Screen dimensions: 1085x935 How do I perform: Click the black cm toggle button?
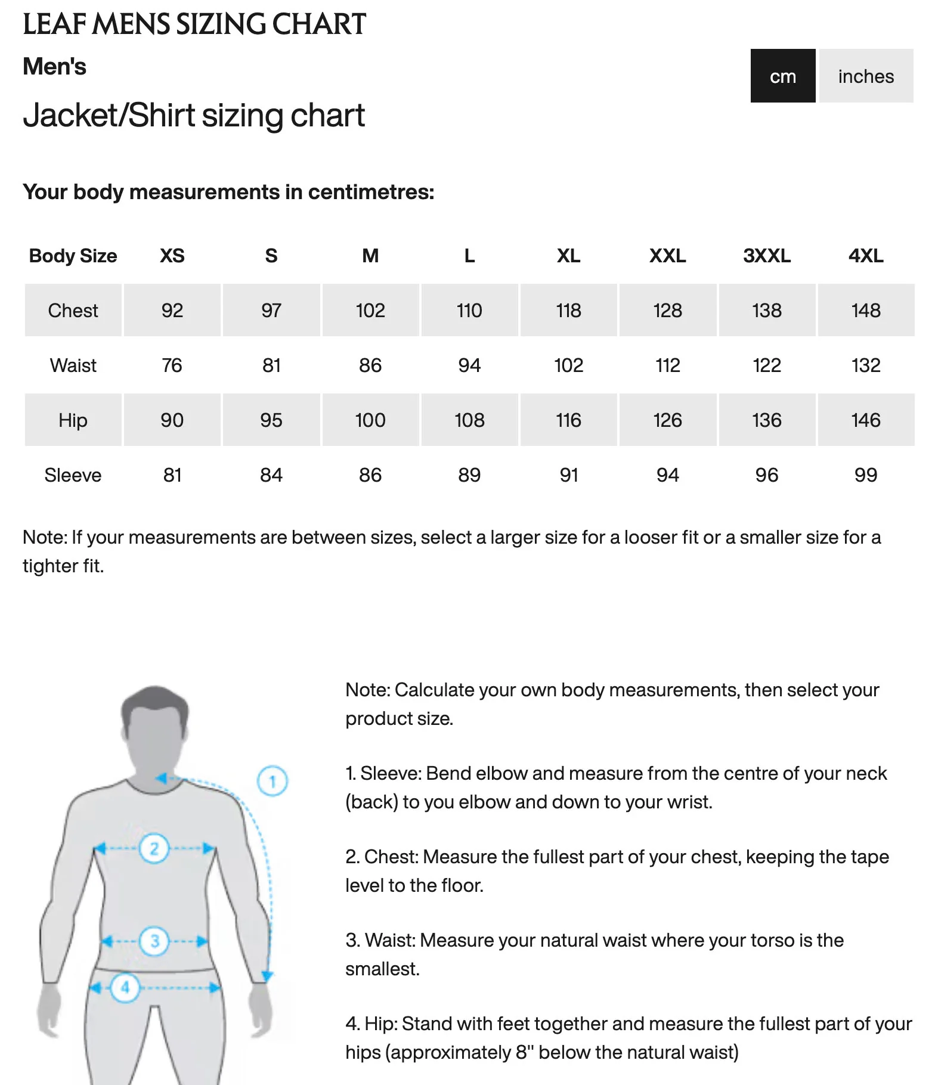(x=782, y=76)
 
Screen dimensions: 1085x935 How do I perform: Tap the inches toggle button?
(x=866, y=76)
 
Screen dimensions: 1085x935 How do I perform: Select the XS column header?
(x=172, y=256)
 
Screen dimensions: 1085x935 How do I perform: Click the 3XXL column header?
(x=766, y=256)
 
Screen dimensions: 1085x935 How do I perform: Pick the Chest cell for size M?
(x=370, y=310)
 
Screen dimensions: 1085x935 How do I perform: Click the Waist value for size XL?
(x=568, y=365)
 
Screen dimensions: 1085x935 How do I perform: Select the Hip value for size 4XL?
(x=865, y=420)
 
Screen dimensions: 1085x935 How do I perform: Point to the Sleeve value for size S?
(x=271, y=475)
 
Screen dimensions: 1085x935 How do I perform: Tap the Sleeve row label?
(x=73, y=475)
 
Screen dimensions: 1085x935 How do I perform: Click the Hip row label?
(x=73, y=420)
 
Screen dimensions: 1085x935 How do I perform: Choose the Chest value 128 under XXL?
(x=667, y=310)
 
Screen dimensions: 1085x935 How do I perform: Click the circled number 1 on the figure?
(x=273, y=781)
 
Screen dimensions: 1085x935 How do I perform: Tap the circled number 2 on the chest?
(x=154, y=848)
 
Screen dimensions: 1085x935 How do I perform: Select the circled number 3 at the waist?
(x=154, y=941)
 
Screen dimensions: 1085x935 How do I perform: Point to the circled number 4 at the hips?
(x=125, y=987)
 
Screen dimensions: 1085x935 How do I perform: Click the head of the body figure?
(x=154, y=727)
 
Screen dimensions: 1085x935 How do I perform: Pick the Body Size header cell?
(x=73, y=256)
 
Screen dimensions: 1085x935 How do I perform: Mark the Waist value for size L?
(x=469, y=365)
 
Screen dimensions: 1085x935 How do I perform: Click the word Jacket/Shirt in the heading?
(x=109, y=115)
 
